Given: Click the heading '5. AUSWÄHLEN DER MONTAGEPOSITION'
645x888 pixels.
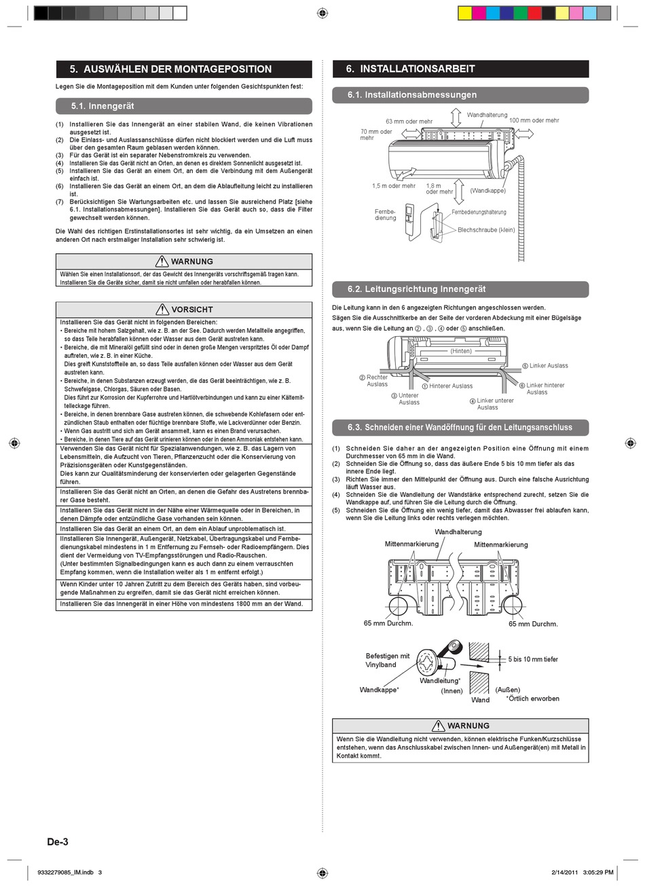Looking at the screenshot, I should coord(170,69).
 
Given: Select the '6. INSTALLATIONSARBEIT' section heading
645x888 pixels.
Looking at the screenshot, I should coord(410,69).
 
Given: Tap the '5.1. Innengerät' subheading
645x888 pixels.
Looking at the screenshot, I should coord(103,106).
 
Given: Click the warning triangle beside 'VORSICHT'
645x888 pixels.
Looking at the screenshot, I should coord(162,310).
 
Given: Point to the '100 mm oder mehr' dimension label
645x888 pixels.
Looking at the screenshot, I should coord(534,120).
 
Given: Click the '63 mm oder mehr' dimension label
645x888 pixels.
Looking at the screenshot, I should coord(409,122).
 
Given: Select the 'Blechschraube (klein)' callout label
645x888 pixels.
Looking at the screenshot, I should coord(486,230).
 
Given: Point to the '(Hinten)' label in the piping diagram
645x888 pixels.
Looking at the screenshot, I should coord(461,351).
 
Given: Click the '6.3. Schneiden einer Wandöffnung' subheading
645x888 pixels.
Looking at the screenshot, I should coord(460,428).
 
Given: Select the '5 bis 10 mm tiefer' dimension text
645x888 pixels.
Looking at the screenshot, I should coord(533,659).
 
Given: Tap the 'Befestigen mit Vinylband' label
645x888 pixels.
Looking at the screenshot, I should coord(387,660).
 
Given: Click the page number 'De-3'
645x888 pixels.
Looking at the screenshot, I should coord(58,842).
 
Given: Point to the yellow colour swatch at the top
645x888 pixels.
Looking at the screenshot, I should coord(465,13).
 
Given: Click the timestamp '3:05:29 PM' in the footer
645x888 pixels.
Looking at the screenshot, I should coord(598,872).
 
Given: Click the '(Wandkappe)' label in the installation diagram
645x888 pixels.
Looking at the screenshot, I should coord(487,191).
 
